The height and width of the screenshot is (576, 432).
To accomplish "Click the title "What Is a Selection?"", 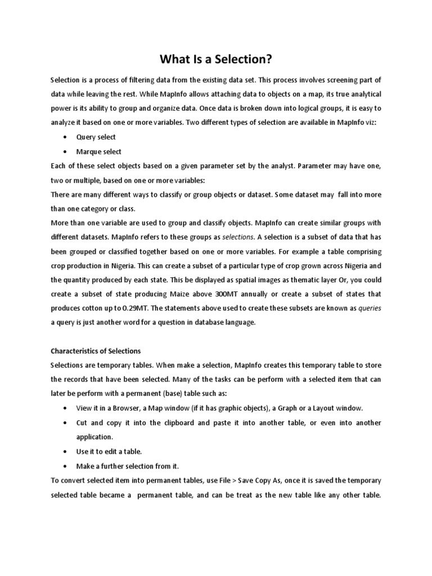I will click(x=215, y=58).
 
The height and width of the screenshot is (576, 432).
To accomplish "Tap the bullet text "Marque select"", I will click(x=98, y=152).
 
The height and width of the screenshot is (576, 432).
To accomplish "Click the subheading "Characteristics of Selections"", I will click(x=96, y=351).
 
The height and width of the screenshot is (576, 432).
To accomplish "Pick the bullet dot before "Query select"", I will click(x=66, y=138).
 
